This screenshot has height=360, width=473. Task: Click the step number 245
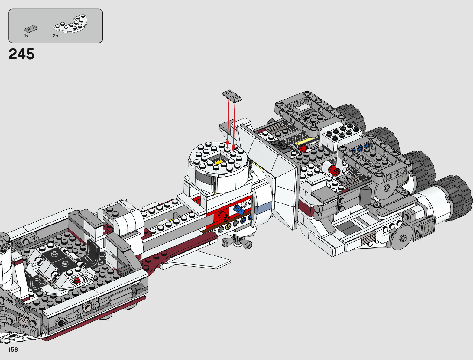21,54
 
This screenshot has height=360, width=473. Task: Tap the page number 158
13,349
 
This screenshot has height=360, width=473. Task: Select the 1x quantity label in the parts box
26,36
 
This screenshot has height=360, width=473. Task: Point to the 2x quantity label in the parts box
56,36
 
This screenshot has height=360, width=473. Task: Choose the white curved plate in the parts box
70,23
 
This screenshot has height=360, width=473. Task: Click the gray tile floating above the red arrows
232,96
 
